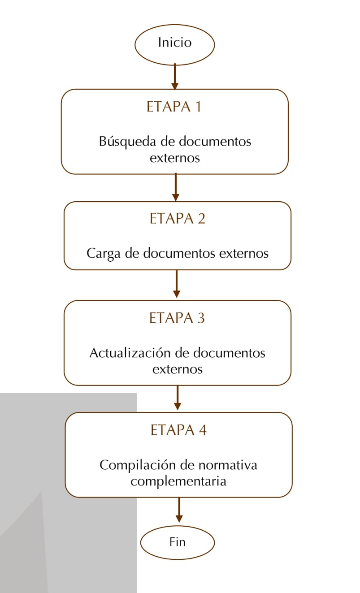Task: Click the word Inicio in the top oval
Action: click(x=175, y=42)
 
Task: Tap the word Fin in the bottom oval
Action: click(x=178, y=542)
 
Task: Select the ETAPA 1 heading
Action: click(x=174, y=107)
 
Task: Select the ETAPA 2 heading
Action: click(x=178, y=219)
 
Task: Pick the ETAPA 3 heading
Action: click(x=177, y=318)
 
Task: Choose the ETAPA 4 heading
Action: click(x=179, y=430)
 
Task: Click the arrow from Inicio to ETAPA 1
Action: click(x=175, y=77)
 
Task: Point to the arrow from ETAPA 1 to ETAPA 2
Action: click(x=176, y=187)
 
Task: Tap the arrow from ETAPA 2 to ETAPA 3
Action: click(x=177, y=284)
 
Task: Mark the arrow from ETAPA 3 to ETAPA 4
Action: click(x=178, y=398)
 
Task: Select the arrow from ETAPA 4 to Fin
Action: click(x=179, y=510)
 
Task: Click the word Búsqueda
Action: click(x=128, y=142)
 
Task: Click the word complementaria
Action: click(x=178, y=481)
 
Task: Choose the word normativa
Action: click(x=228, y=465)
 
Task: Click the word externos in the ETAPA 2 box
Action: click(x=244, y=253)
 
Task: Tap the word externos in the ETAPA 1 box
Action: click(x=175, y=158)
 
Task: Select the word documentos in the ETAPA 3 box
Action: click(x=229, y=353)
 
